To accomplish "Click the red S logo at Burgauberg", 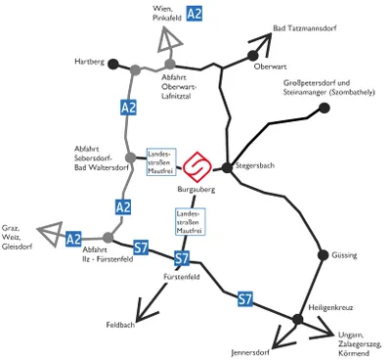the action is [197, 166].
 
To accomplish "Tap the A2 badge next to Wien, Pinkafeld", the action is [195, 14].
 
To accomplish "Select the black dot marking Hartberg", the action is [113, 64].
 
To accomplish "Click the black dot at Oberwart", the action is [252, 56].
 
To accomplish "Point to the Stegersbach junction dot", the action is [227, 167].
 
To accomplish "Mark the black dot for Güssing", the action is [324, 254].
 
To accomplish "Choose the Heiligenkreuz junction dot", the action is [297, 319].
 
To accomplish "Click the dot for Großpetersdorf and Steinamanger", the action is [324, 108].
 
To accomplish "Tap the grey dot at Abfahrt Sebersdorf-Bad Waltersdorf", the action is [130, 157].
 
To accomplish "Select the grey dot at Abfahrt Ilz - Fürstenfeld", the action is [108, 238].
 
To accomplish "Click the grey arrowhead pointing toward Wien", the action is [169, 40].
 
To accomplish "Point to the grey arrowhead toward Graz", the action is [52, 233].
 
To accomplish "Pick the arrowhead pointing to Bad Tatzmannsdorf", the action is [262, 42].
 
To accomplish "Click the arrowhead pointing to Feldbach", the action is [145, 311].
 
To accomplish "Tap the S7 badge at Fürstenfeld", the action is [182, 258].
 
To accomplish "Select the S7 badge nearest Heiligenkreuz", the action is [245, 298].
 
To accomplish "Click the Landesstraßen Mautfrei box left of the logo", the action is [161, 162].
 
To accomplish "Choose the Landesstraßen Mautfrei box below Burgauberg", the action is [191, 222].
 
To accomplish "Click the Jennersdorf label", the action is [250, 352].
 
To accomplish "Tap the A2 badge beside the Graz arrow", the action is [73, 239].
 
